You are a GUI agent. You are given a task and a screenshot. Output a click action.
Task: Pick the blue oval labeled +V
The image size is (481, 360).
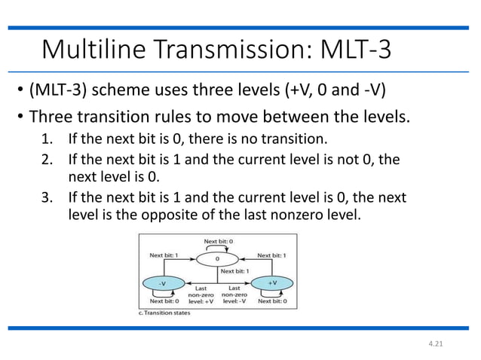coord(274,282)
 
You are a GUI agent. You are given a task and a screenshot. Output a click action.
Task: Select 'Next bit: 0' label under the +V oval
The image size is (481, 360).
coord(274,301)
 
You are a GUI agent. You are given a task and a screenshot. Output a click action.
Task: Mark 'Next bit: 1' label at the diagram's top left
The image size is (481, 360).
coord(164,255)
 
